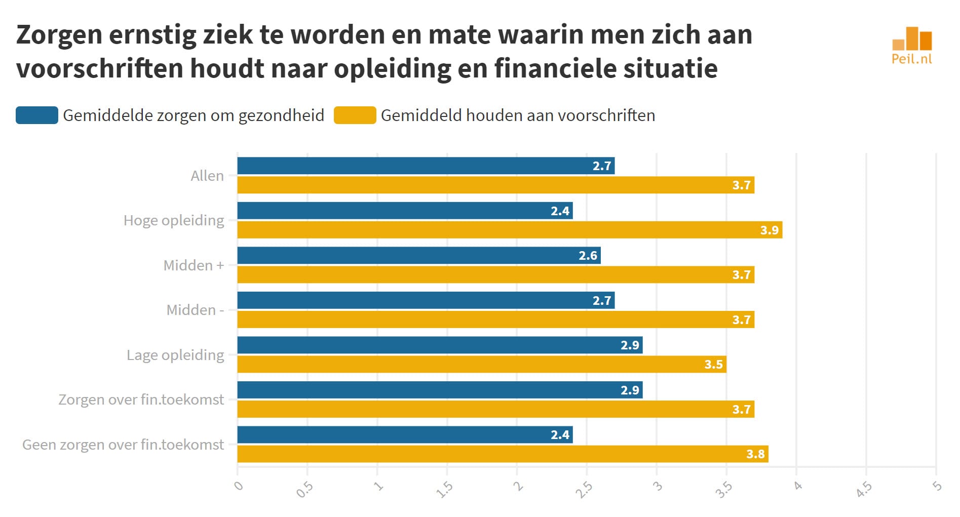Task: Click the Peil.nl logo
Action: tap(912, 46)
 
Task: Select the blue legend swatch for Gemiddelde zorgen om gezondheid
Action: tap(37, 115)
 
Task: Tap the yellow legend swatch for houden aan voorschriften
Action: tap(355, 115)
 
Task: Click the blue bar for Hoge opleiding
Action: tap(405, 211)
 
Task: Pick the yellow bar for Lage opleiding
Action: tap(482, 365)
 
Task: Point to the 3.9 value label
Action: tap(769, 230)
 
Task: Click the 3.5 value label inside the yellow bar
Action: tap(713, 365)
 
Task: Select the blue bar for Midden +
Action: tap(419, 255)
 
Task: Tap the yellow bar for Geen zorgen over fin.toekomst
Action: tap(503, 454)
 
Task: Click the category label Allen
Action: tap(207, 176)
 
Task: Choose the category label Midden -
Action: tap(195, 310)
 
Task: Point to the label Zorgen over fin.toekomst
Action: tap(141, 400)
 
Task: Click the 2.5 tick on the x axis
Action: tap(585, 490)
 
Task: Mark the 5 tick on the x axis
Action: tap(937, 486)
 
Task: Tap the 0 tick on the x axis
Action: tap(239, 486)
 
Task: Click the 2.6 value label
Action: tap(588, 256)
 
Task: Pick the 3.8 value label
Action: tap(755, 454)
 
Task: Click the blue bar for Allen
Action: tap(426, 166)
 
